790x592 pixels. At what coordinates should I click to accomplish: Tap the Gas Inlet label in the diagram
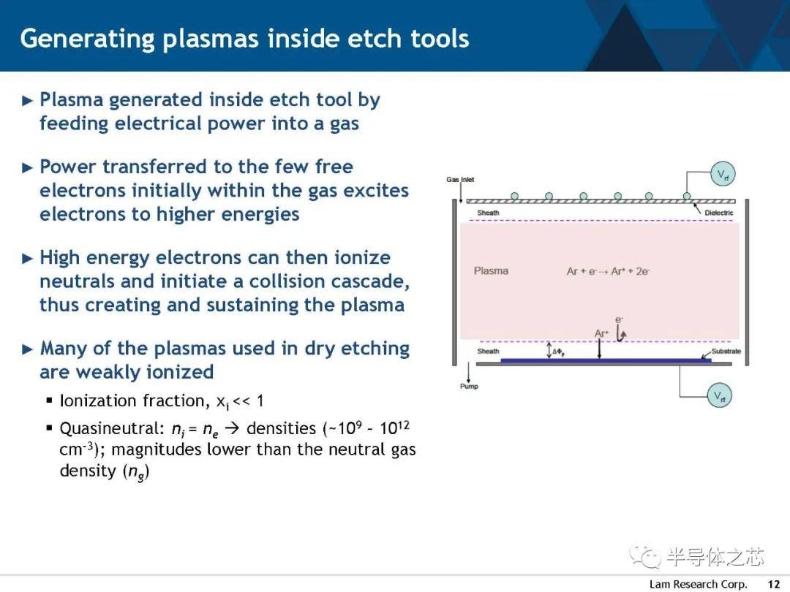(x=460, y=179)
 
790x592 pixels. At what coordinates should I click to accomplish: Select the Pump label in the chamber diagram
(x=469, y=386)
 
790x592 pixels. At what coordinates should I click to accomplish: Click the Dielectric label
(x=718, y=213)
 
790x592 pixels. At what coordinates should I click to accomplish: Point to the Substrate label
(x=726, y=351)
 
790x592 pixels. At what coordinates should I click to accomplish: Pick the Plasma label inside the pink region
(x=491, y=271)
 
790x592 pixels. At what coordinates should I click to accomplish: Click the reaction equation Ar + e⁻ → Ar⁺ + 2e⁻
(x=608, y=271)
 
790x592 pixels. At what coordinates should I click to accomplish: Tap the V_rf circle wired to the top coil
(x=723, y=174)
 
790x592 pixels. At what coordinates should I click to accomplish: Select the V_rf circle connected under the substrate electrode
(x=720, y=395)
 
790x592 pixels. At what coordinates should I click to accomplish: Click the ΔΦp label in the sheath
(x=558, y=352)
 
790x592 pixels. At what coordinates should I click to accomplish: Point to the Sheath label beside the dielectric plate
(x=488, y=213)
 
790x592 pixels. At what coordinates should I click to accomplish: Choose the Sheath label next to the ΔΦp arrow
(x=488, y=351)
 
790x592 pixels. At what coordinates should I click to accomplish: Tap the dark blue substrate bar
(x=606, y=360)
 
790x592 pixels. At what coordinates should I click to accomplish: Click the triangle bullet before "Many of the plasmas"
(x=28, y=349)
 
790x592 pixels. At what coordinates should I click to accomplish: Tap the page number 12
(x=773, y=584)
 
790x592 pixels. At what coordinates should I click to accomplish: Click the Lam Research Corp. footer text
(x=698, y=584)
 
